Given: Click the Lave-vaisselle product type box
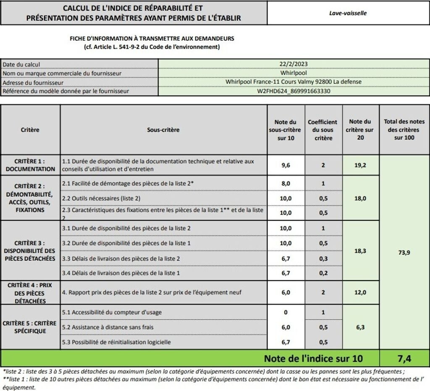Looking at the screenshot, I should click(x=348, y=13).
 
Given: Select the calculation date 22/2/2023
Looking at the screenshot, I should click(x=293, y=64).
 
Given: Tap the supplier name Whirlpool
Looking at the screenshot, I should click(x=293, y=73).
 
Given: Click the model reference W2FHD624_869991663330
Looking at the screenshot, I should click(x=293, y=91).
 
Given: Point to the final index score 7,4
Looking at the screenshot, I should click(x=404, y=358).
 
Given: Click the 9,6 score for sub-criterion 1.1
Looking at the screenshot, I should click(x=286, y=165).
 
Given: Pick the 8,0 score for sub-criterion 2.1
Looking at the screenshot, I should click(x=286, y=183).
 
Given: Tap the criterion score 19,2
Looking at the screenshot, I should click(x=361, y=165).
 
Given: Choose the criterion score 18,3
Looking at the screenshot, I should click(x=361, y=251).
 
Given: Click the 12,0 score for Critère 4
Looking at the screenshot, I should click(x=361, y=293).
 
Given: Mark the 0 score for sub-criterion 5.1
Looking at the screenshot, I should click(x=286, y=312).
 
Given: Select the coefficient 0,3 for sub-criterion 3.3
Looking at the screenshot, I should click(x=323, y=259).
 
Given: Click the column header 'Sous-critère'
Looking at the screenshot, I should click(x=163, y=130).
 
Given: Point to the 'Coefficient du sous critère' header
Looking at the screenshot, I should click(x=323, y=130).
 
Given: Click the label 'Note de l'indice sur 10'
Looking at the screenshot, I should click(x=313, y=358).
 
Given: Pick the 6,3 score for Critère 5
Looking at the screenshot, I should click(x=361, y=327).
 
